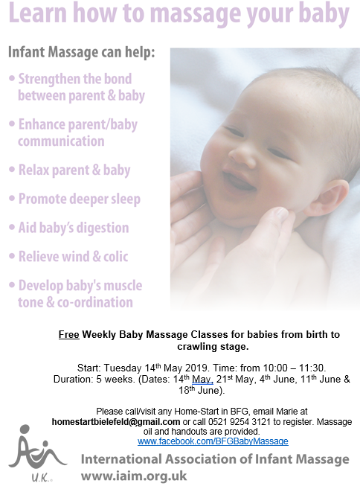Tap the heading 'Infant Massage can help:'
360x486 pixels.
pyautogui.click(x=81, y=52)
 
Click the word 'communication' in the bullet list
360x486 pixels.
pyautogui.click(x=61, y=141)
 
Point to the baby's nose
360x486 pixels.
pyautogui.click(x=240, y=151)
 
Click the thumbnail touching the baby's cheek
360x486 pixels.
pyautogui.click(x=281, y=213)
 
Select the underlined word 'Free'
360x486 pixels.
pyautogui.click(x=68, y=335)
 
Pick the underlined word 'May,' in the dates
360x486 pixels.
pyautogui.click(x=202, y=380)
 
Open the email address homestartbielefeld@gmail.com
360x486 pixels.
pyautogui.click(x=116, y=422)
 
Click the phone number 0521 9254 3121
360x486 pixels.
pyautogui.click(x=240, y=422)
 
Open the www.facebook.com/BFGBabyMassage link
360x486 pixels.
pyautogui.click(x=213, y=441)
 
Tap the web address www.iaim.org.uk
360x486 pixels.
pyautogui.click(x=134, y=476)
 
